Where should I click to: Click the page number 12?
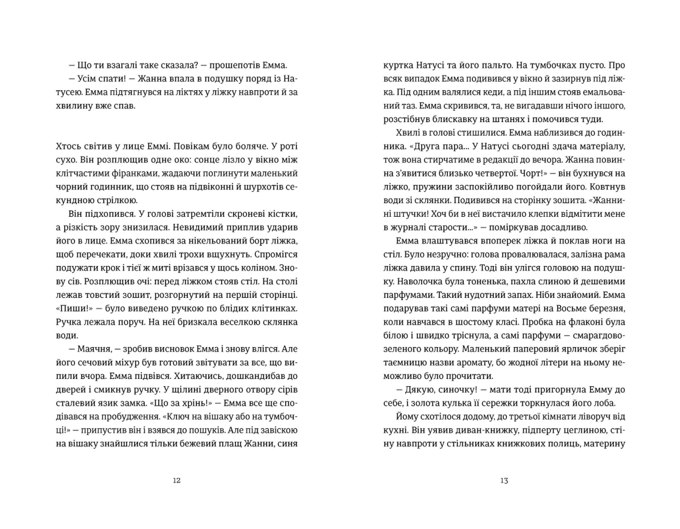click(177, 480)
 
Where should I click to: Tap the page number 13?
click(504, 480)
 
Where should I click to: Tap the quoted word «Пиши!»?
click(74, 308)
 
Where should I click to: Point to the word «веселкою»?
click(248, 322)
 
